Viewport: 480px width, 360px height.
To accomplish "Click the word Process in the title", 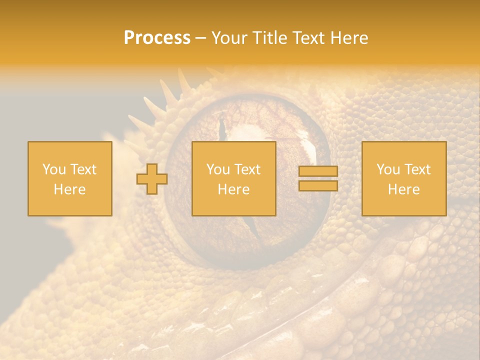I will tap(157, 38).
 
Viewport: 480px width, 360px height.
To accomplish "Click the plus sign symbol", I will tap(152, 178).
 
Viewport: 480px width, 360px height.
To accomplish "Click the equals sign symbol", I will tap(318, 178).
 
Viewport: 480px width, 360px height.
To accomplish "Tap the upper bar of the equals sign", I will tap(318, 171).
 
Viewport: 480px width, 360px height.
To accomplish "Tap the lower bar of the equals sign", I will tap(318, 185).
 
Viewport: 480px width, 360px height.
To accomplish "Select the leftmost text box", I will tap(69, 178).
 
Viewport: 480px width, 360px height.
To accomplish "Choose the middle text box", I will tap(233, 178).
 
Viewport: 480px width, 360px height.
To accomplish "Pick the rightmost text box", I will tap(403, 178).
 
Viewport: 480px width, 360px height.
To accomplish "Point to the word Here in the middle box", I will tap(233, 189).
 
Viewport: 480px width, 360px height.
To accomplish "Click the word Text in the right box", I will tap(417, 169).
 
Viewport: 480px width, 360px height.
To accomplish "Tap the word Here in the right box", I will tap(403, 189).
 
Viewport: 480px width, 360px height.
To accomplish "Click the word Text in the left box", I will tap(83, 169).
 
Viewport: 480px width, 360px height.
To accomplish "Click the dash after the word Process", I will tap(200, 38).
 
